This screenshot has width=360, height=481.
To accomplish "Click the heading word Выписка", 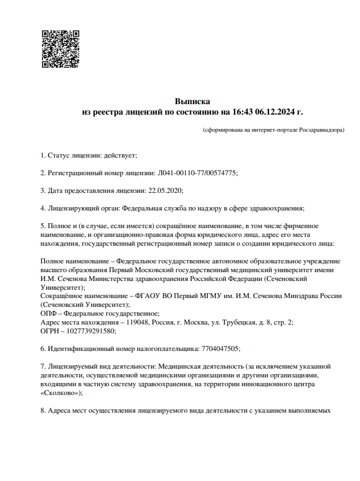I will pos(192,101).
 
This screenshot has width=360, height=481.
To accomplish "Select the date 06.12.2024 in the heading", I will pos(276,112).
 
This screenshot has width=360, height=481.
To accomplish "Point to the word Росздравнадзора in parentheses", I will pos(321,131).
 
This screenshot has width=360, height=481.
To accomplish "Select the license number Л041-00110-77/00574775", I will pos(197,173).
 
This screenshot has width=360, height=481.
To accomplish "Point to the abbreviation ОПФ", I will pos(49,314).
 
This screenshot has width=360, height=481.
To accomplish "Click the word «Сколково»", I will pos(61,393).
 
